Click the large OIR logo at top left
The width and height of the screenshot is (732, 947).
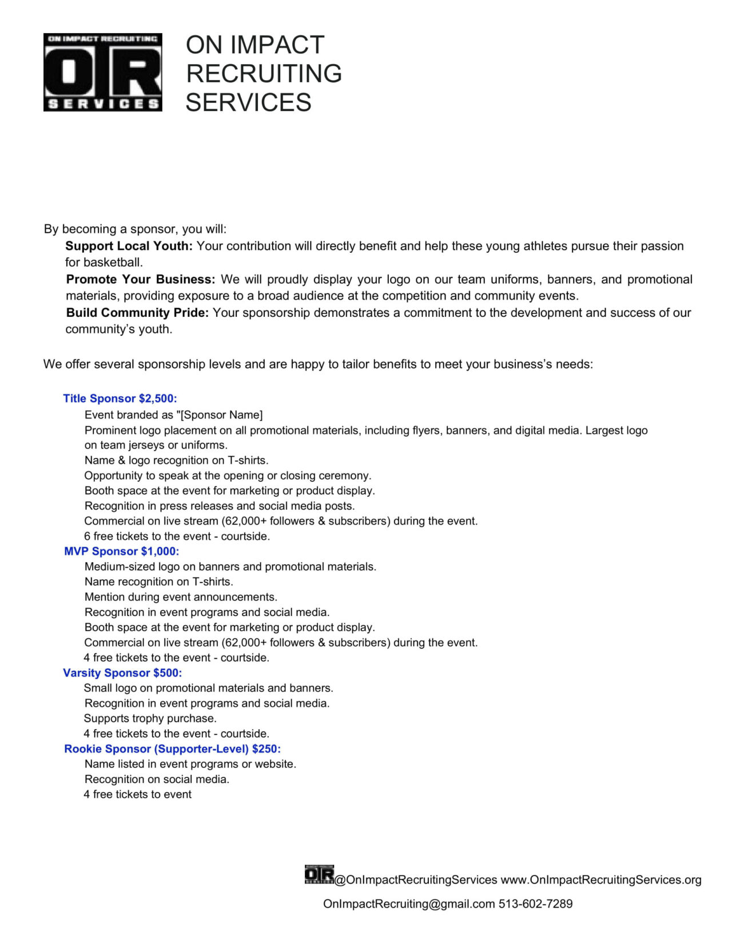[103, 72]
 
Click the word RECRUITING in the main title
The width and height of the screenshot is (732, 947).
[264, 74]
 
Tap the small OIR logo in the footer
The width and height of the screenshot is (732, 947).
[319, 874]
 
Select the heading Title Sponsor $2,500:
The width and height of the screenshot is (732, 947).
[120, 399]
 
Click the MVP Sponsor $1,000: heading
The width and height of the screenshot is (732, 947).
[121, 551]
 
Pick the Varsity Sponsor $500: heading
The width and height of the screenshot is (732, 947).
[122, 673]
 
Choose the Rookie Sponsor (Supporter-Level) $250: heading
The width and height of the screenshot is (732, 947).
[172, 749]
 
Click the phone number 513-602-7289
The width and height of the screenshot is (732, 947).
[535, 904]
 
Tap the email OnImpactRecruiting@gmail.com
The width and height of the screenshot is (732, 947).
[409, 904]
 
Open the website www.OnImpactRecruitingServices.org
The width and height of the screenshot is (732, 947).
[601, 880]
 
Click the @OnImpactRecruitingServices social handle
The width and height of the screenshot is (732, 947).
[416, 880]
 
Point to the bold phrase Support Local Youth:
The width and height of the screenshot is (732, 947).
[129, 246]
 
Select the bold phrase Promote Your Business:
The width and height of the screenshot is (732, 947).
[141, 280]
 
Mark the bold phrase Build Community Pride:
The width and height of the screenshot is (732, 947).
[137, 313]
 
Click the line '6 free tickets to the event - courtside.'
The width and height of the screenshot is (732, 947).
[177, 536]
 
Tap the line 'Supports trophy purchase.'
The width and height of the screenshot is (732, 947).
[150, 719]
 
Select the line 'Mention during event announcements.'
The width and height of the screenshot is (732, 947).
[181, 597]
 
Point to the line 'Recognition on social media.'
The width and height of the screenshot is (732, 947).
[157, 779]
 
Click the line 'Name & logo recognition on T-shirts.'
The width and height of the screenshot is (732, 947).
[176, 460]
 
